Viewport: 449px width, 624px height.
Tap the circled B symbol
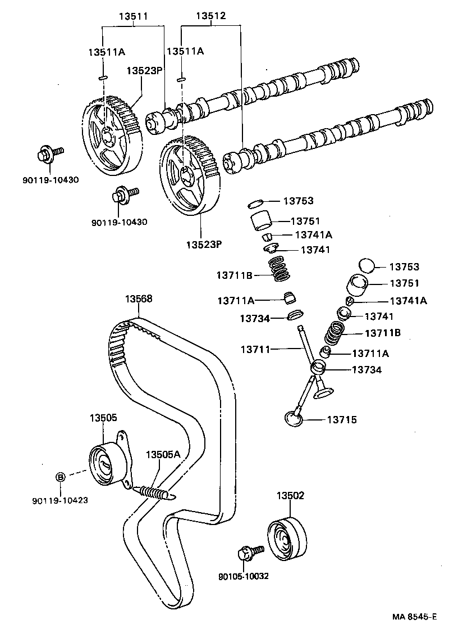click(60, 476)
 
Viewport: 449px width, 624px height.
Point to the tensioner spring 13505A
click(155, 492)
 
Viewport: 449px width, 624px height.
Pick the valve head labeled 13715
click(294, 418)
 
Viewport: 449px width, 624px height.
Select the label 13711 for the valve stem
click(255, 350)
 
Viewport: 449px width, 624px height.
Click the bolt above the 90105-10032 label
click(249, 553)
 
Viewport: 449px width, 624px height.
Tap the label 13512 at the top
click(210, 17)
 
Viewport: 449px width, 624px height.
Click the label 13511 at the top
click(133, 17)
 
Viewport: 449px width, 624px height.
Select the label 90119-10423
click(59, 500)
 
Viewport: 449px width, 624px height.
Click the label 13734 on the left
click(255, 318)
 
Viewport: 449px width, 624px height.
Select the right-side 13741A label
click(407, 300)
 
